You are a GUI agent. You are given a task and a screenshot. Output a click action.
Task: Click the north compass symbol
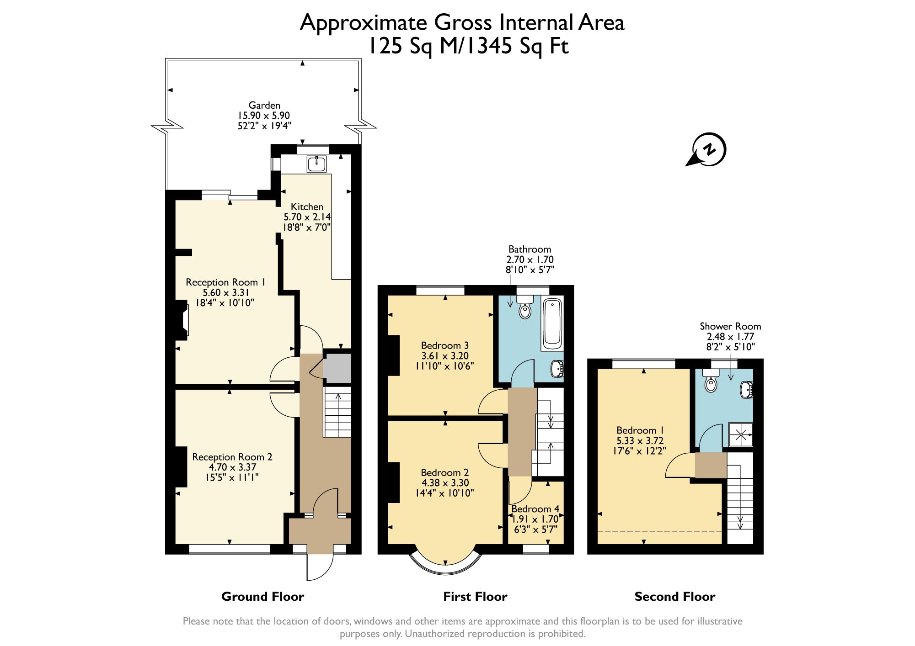(x=708, y=150)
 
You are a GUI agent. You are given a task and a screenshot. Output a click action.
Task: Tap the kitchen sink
(x=316, y=164)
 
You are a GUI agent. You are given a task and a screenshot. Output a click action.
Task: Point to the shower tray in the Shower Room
(x=740, y=434)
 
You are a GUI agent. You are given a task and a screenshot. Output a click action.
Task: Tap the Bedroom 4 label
(x=535, y=509)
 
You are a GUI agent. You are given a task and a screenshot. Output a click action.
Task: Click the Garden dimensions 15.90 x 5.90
(x=263, y=116)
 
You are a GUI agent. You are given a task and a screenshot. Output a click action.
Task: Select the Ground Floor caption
(x=262, y=597)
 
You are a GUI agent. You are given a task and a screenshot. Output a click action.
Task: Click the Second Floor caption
(x=674, y=597)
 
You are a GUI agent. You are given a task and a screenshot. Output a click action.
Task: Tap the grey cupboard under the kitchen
(x=337, y=368)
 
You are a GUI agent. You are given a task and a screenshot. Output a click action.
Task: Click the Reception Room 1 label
(x=225, y=282)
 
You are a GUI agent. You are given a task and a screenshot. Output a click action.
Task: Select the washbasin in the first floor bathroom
(x=557, y=369)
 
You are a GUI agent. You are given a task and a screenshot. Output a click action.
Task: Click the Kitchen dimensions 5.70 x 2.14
(x=307, y=217)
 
